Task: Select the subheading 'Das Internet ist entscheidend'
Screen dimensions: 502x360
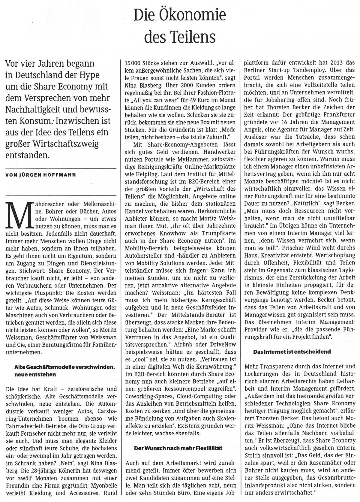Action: [288, 351]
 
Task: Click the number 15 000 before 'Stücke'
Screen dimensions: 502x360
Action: [134, 64]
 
